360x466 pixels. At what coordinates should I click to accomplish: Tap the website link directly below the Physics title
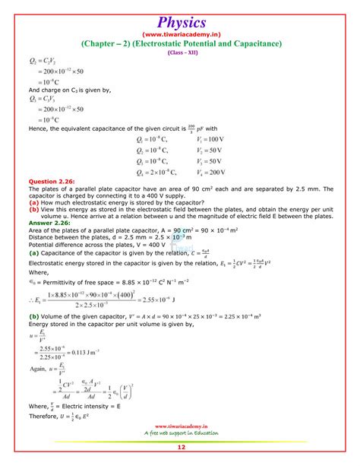click(x=180, y=34)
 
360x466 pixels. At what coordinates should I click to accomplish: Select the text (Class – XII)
click(x=180, y=53)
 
